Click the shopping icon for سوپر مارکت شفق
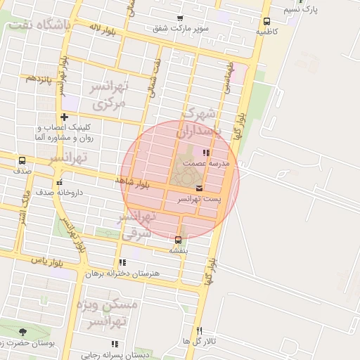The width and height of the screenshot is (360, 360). click(x=181, y=19)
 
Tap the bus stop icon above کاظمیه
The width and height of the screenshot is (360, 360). click(x=266, y=21)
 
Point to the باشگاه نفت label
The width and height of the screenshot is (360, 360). click(x=39, y=25)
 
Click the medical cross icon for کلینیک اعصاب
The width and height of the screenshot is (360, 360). click(x=64, y=117)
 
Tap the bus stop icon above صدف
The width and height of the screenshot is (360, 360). click(x=22, y=160)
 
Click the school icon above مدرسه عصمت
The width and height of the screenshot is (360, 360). click(x=206, y=152)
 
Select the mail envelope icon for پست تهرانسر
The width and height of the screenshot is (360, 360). click(x=200, y=188)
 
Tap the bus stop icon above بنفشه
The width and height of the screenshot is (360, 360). click(x=178, y=240)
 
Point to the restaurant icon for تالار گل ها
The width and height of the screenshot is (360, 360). click(x=200, y=330)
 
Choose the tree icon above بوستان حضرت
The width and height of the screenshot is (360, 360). click(x=23, y=331)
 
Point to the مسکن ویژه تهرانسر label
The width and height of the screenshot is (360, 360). click(x=115, y=314)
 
